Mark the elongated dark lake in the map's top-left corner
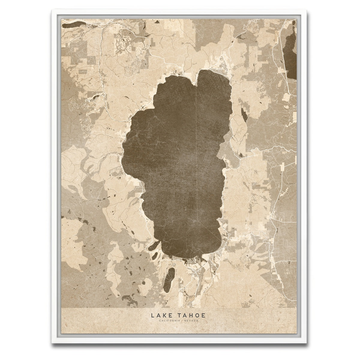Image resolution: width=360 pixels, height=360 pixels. (x=73, y=24)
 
